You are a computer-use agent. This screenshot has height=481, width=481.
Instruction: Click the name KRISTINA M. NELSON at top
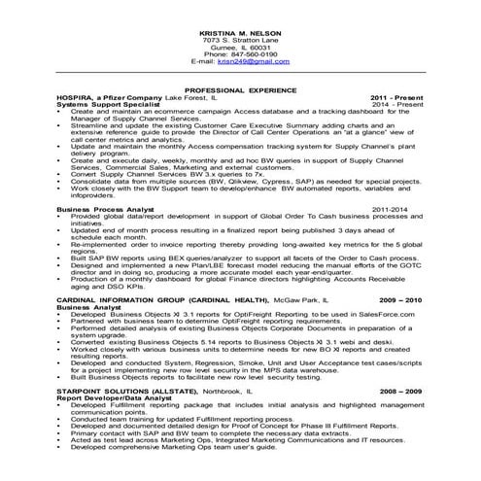[x=240, y=31]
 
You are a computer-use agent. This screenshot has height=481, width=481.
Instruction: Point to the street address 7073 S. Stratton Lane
[x=240, y=39]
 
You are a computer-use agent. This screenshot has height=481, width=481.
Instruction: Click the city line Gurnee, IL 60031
[x=240, y=46]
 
